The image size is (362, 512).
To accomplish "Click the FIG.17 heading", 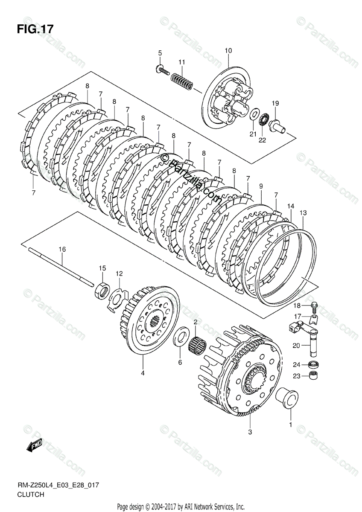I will click(35, 29).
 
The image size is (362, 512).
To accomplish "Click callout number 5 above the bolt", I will click(160, 53).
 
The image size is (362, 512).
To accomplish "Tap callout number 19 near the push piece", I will click(275, 103).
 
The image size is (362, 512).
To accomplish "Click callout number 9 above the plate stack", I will click(261, 186).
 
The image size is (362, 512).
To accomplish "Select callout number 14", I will click(291, 206).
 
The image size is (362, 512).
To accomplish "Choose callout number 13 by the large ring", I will click(303, 213).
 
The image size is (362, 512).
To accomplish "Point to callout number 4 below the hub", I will click(143, 373).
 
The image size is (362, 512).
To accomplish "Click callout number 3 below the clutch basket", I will click(250, 432).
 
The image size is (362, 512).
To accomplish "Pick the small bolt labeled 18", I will click(315, 305).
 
